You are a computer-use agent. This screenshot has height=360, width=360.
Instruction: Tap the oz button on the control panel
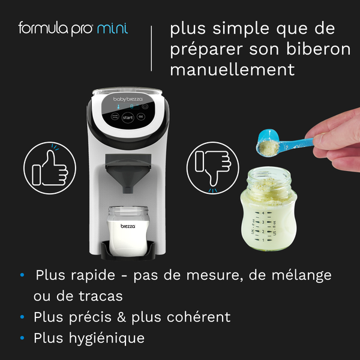[x=141, y=117]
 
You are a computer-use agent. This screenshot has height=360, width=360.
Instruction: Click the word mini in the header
[x=112, y=29]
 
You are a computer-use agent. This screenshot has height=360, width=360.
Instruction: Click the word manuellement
[x=232, y=69]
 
